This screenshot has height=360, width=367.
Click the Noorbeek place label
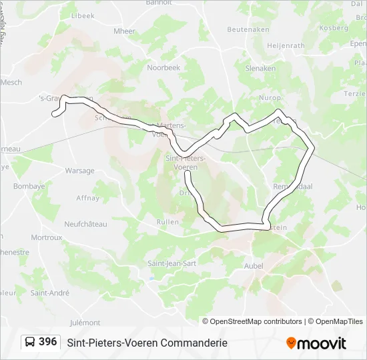click(163, 67)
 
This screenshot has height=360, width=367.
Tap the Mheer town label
click(124, 31)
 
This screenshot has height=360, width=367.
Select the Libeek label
click(82, 15)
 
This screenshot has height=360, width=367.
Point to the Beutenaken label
click(248, 29)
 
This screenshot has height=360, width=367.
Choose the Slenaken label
click(260, 68)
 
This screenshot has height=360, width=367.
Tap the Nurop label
click(270, 97)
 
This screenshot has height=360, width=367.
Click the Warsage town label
click(79, 171)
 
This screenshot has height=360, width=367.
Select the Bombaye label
click(29, 186)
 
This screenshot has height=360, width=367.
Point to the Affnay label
click(87, 198)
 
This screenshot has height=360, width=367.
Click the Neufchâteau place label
click(85, 224)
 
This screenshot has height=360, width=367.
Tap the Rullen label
click(167, 221)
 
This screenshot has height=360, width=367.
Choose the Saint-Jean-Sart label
click(171, 263)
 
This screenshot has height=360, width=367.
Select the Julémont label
click(85, 323)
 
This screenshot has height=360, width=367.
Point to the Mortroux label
click(46, 237)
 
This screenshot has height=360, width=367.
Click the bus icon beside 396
click(30, 342)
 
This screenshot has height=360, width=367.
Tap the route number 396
click(47, 342)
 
